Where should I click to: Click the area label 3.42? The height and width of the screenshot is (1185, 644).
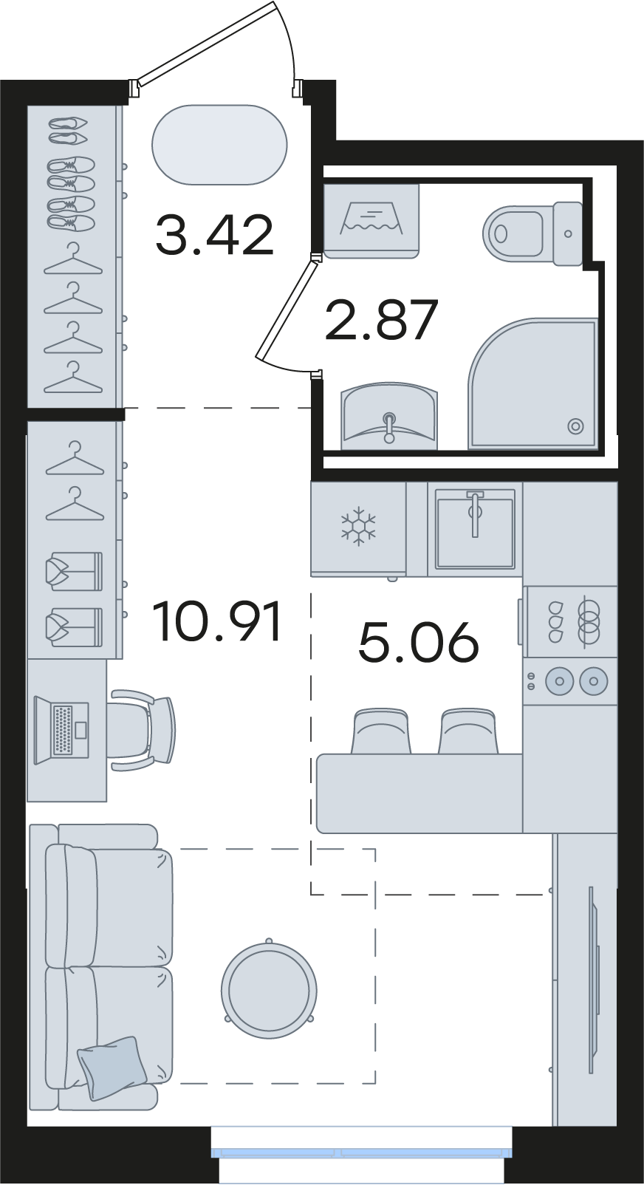coord(215,235)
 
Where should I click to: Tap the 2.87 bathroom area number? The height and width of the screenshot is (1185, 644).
coord(381,320)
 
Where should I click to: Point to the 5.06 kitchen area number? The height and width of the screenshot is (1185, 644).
coord(418,642)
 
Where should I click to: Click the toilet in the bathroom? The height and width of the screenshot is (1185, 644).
coord(532,232)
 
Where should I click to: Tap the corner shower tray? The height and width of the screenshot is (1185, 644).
coord(532,383)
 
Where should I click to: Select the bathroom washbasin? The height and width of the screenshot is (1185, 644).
coord(389,416)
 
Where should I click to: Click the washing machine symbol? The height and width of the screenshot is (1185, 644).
coord(371,221)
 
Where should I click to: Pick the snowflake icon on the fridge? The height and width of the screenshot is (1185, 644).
coord(358,526)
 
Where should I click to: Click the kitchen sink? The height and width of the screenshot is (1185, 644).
coord(475,528)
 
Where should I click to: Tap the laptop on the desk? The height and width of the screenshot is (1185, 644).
coord(61,730)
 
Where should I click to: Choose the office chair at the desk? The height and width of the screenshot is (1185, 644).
coord(142,730)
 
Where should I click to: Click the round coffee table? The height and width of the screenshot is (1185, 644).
coord(269,991)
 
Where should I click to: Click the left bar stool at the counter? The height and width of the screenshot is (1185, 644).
coord(380,731)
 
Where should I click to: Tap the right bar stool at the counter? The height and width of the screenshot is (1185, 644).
coord(468,731)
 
